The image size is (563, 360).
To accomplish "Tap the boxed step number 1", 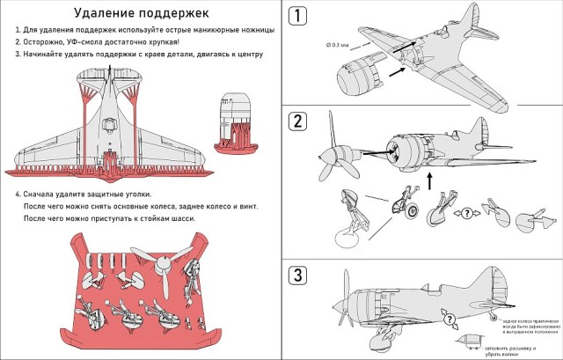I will (301, 15).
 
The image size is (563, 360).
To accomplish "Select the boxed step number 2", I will (301, 121).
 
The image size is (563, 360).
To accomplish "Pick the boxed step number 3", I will (301, 275).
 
